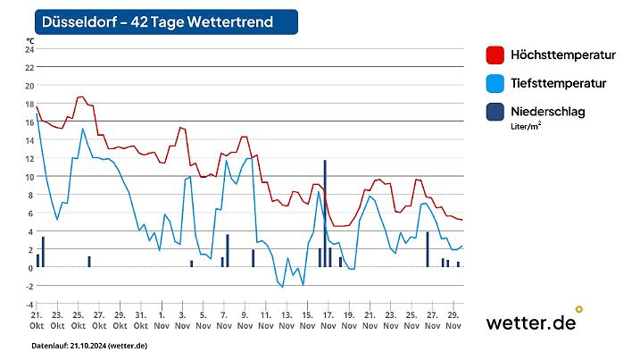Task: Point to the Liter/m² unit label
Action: pos(527,126)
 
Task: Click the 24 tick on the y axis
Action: pos(29,49)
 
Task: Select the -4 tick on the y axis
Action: pos(29,305)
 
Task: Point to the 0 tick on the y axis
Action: pos(30,268)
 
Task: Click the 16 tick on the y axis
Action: pos(29,122)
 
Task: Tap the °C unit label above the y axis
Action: pos(29,40)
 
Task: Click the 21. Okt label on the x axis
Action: pos(37,321)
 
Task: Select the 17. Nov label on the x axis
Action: pos(328,321)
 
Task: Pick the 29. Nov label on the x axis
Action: pos(453,321)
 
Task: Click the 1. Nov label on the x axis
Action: pos(162,321)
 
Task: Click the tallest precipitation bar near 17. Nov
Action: pos(325,213)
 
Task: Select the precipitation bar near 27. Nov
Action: pos(428,249)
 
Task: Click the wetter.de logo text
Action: pos(530,323)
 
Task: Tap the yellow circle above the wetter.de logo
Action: pos(579,309)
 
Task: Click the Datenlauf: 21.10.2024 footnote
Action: pos(89,346)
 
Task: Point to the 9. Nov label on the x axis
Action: pos(245,321)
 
